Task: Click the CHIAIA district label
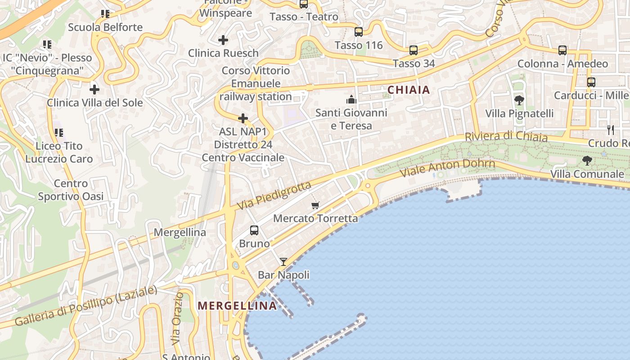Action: (x=409, y=90)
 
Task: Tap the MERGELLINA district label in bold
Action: (x=237, y=306)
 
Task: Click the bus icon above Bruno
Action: (x=254, y=230)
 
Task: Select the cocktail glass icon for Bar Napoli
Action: (x=283, y=261)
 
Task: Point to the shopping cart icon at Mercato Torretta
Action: (x=315, y=205)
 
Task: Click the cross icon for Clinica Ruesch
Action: (x=223, y=40)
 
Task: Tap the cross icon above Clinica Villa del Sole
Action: (x=94, y=89)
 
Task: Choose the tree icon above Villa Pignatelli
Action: (x=519, y=100)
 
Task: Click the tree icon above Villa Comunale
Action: (x=587, y=160)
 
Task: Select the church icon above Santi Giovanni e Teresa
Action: (x=351, y=99)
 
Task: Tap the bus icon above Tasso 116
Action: (x=359, y=32)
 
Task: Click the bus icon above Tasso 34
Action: (x=414, y=50)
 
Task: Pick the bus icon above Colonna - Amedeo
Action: (x=562, y=50)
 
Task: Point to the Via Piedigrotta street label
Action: (x=274, y=196)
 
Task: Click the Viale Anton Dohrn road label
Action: (x=447, y=167)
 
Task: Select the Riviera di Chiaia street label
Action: (x=506, y=136)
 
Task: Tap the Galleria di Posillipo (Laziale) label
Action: (x=86, y=306)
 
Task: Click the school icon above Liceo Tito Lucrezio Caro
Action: (x=59, y=132)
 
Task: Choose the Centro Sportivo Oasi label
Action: (x=71, y=190)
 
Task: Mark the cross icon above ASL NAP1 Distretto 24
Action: (x=243, y=118)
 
